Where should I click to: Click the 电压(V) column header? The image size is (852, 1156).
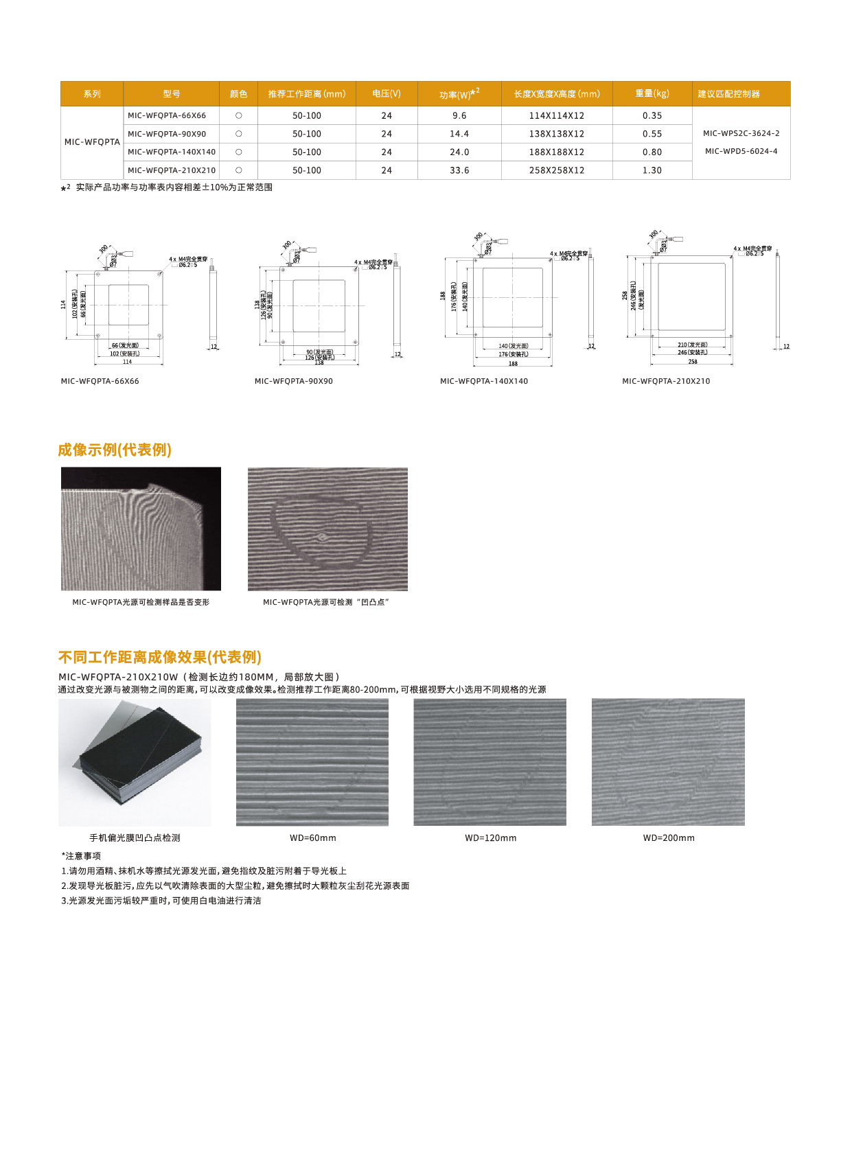(x=387, y=93)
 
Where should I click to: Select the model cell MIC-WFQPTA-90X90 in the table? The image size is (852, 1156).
(x=167, y=134)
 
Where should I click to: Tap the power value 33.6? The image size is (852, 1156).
(x=459, y=170)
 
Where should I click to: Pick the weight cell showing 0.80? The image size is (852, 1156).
(x=652, y=152)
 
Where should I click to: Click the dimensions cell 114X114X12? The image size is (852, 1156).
(x=557, y=116)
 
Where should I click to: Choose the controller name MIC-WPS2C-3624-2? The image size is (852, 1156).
(x=741, y=133)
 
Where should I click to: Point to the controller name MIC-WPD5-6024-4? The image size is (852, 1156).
(x=741, y=151)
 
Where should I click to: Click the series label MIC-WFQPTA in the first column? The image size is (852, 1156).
(x=92, y=142)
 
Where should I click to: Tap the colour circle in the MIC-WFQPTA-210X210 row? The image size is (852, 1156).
(x=239, y=170)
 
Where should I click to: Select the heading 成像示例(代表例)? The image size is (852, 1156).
(x=115, y=450)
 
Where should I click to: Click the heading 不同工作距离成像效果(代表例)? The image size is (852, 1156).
(x=160, y=657)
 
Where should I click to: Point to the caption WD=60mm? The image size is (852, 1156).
(x=313, y=837)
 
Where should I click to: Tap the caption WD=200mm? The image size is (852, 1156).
(x=669, y=837)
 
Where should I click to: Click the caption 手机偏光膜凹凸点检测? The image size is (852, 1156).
(x=135, y=837)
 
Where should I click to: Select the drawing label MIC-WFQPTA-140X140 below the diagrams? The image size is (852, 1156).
(x=484, y=381)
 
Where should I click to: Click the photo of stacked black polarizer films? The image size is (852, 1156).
(x=135, y=762)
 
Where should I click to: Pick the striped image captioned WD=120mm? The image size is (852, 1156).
(x=490, y=762)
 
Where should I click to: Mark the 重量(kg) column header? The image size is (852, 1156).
(x=652, y=93)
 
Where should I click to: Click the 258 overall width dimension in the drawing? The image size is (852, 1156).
(x=693, y=362)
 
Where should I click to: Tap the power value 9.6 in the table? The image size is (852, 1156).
(x=459, y=116)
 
